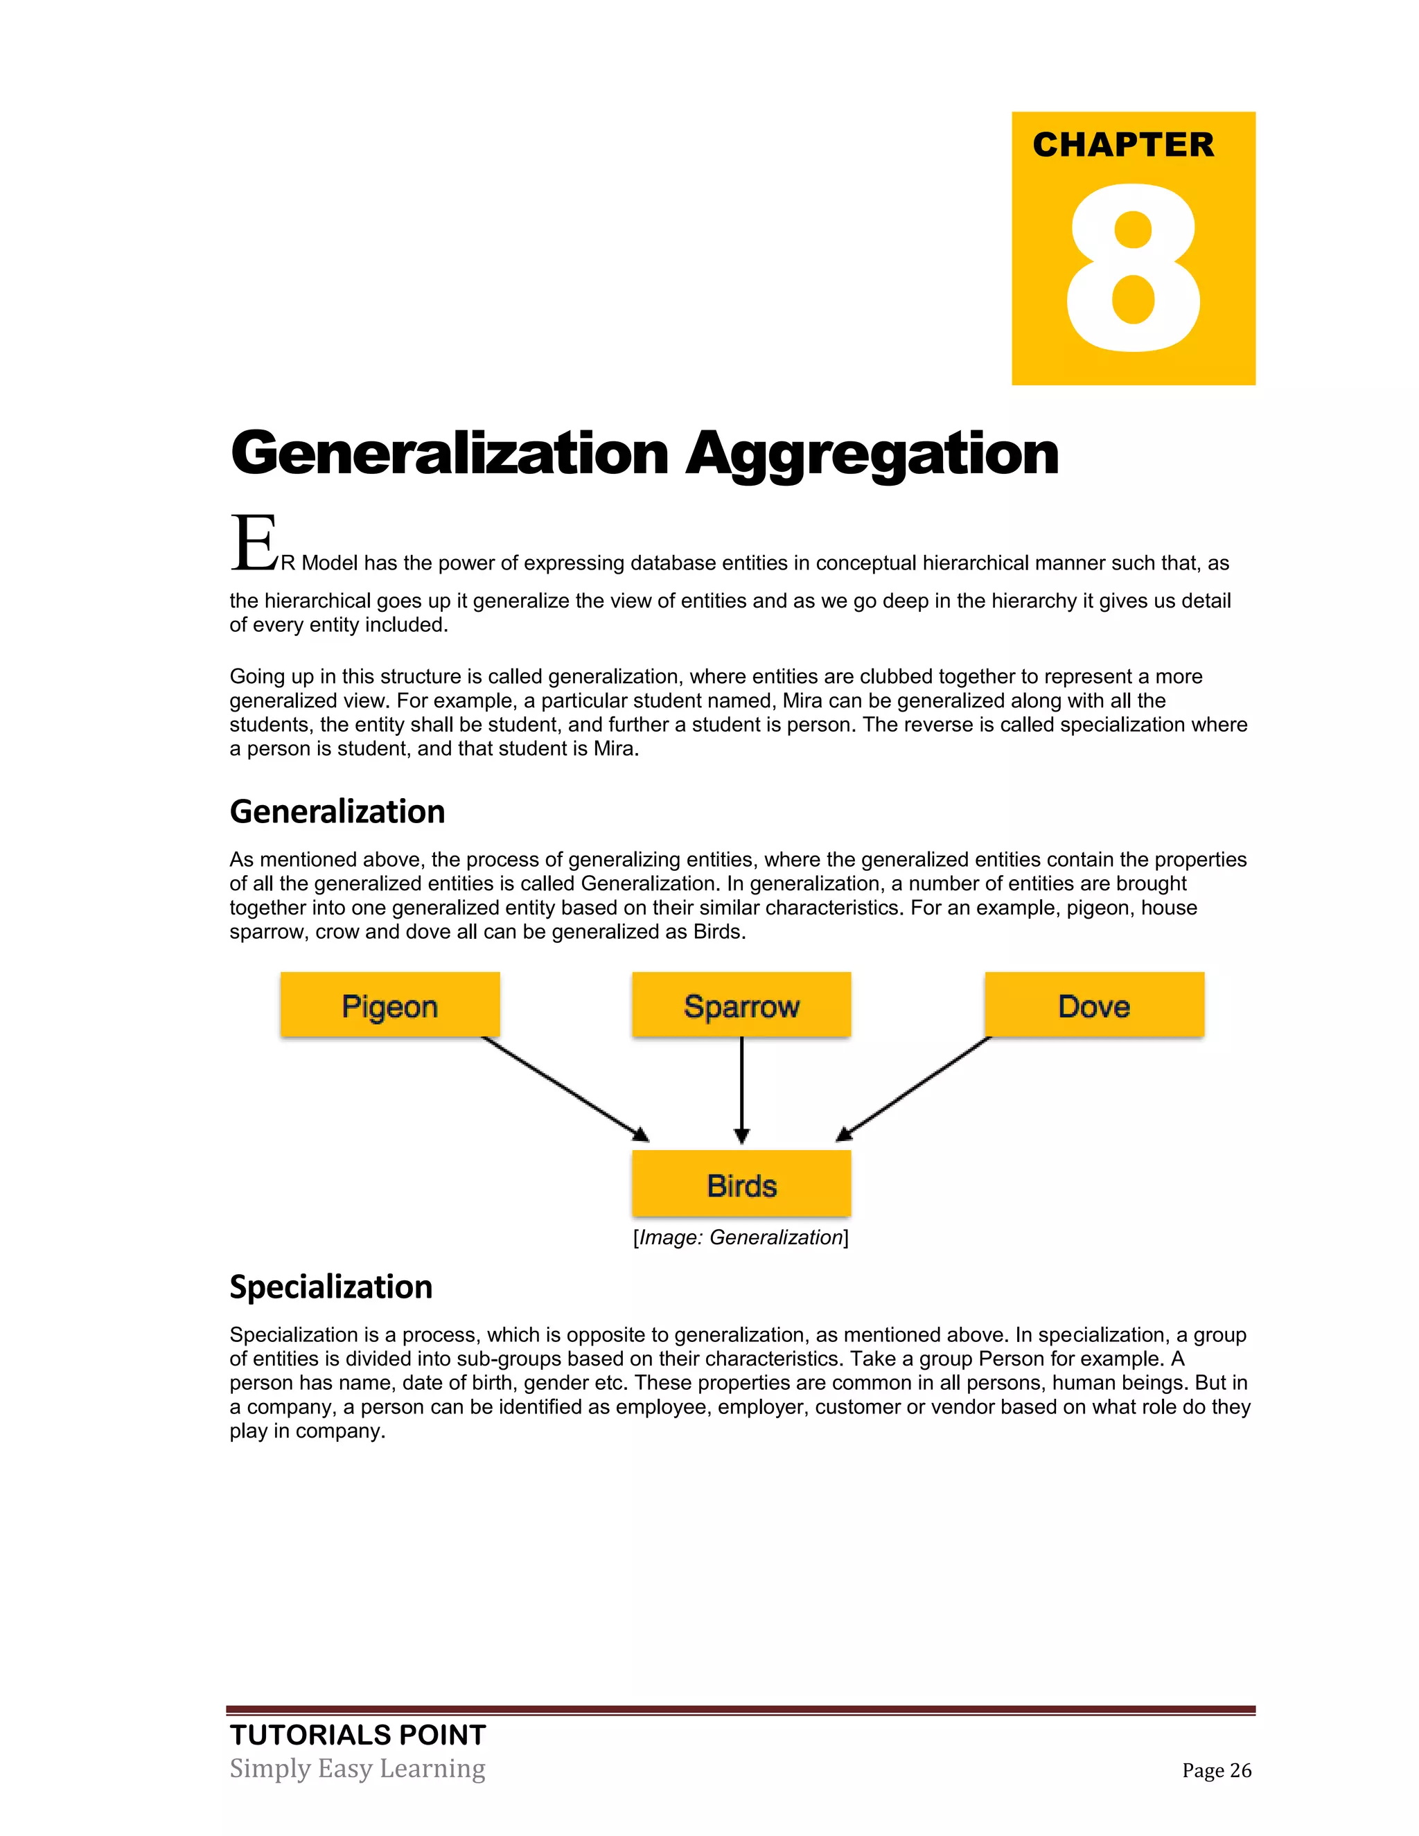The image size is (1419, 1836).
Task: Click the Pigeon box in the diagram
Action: click(390, 1005)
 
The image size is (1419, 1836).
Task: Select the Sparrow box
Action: click(741, 1005)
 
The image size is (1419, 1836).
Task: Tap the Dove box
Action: click(1093, 1005)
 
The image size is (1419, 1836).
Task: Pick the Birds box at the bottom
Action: click(741, 1185)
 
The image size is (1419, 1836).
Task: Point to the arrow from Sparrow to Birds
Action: click(741, 1090)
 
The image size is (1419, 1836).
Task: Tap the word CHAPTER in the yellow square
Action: click(1123, 145)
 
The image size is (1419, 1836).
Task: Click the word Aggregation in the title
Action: click(872, 454)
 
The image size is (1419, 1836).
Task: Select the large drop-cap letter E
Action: click(253, 543)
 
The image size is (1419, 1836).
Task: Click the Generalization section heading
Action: click(337, 812)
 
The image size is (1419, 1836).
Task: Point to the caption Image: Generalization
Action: click(741, 1237)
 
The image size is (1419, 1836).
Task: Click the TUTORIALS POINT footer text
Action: click(358, 1735)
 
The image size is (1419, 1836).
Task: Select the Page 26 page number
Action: click(1217, 1770)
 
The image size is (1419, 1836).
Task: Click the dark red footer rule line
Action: click(740, 1710)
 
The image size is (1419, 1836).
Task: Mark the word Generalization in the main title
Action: click(450, 454)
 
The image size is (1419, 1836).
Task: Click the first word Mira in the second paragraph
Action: click(802, 701)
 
